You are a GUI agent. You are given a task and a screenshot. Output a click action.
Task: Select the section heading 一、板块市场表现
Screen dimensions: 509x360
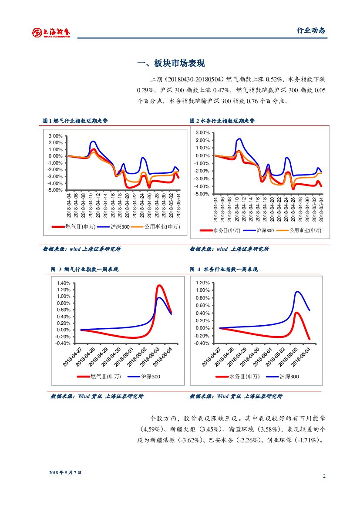click(x=171, y=64)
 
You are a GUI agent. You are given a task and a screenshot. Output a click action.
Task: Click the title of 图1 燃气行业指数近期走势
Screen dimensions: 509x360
click(x=75, y=121)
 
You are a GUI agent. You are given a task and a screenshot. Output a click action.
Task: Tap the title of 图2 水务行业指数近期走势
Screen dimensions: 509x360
click(x=222, y=121)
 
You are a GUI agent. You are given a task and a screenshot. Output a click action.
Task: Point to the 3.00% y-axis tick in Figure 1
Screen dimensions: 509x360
click(x=55, y=136)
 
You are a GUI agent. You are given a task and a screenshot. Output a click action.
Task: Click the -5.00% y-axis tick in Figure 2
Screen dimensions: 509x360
click(x=203, y=194)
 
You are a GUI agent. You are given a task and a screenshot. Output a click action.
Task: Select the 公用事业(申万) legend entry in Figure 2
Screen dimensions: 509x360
click(x=305, y=230)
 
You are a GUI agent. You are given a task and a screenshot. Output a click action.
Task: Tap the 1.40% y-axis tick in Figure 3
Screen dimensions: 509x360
click(x=64, y=283)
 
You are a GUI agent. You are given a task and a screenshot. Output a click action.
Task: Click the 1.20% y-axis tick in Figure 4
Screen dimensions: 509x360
click(x=203, y=283)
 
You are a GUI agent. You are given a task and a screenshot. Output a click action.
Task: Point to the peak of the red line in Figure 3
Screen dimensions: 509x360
click(x=159, y=286)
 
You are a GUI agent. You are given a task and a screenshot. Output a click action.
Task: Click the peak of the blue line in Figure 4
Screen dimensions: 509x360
click(x=298, y=292)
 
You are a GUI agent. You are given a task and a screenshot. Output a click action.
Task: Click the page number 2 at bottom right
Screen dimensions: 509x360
click(x=324, y=475)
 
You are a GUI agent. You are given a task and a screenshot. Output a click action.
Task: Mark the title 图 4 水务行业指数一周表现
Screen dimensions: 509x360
click(x=224, y=270)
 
